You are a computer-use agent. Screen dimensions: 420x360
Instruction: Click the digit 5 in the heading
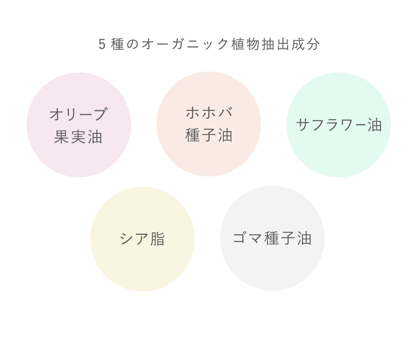click(102, 44)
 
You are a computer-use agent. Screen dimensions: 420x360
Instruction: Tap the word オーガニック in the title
click(185, 44)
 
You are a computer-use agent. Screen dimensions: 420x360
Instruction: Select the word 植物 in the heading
click(246, 44)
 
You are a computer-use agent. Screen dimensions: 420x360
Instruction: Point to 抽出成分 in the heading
click(291, 44)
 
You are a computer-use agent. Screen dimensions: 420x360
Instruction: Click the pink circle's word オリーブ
click(79, 114)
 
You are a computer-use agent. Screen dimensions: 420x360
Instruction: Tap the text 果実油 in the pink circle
click(78, 137)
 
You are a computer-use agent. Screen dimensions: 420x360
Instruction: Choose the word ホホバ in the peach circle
click(209, 112)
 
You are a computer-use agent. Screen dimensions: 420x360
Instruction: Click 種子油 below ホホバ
click(209, 135)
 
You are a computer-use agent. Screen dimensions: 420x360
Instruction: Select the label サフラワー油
click(339, 125)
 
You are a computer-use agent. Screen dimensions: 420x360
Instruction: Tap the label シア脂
click(142, 239)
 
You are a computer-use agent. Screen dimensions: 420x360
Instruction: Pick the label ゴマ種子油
click(273, 238)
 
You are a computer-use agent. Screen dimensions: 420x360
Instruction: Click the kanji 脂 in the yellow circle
click(158, 239)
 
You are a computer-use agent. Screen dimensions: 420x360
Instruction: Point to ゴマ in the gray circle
click(248, 238)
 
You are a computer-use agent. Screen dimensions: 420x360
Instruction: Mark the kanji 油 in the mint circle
click(375, 125)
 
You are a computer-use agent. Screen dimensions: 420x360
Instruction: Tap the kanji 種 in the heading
click(118, 44)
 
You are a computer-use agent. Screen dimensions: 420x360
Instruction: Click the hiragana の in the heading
click(132, 45)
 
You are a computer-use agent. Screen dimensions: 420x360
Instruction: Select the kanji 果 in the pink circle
click(61, 137)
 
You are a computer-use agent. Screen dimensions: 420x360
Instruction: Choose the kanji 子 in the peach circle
click(209, 135)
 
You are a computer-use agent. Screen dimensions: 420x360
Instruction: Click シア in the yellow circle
click(134, 239)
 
